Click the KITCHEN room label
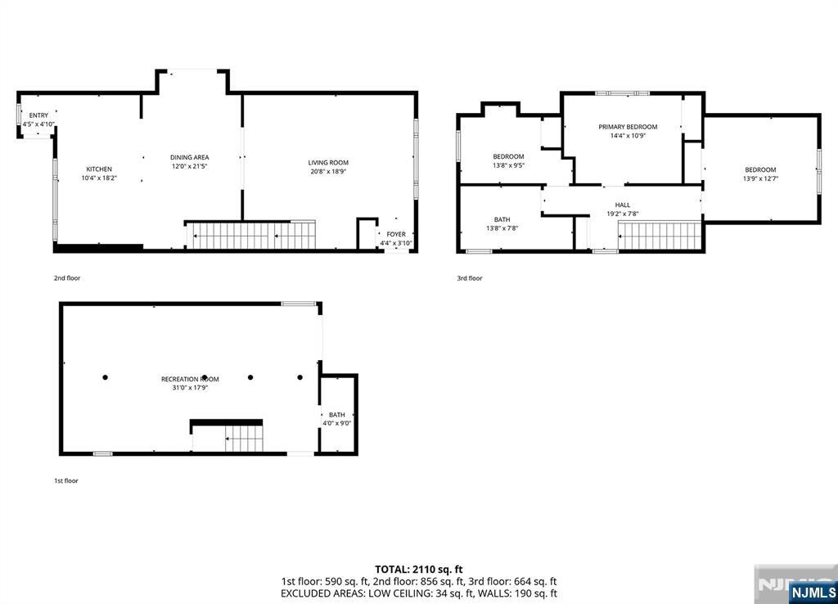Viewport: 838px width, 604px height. tap(99, 169)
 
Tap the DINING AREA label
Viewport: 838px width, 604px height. tap(189, 157)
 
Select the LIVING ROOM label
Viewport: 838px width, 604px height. tap(328, 163)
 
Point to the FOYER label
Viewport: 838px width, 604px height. tap(396, 234)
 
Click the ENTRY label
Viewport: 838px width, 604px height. tap(38, 115)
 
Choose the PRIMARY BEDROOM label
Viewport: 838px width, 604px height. tap(628, 127)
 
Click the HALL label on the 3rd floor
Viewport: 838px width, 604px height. tap(623, 205)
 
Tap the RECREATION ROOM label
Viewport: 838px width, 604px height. tap(190, 379)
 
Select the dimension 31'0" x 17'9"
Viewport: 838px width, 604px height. tap(190, 388)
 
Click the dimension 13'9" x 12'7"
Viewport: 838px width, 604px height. tap(760, 178)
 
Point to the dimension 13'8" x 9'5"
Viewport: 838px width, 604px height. tap(508, 165)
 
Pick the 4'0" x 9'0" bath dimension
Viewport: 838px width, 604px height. tap(337, 423)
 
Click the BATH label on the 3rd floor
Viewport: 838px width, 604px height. tap(502, 219)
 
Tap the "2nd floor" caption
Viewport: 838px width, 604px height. tap(67, 278)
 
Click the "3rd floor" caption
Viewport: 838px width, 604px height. tap(470, 278)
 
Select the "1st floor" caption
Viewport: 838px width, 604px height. tap(66, 481)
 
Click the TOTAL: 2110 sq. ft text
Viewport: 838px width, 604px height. tap(418, 569)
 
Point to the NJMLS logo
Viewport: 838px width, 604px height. tap(813, 591)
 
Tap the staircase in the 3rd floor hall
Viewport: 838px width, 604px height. tap(660, 236)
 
